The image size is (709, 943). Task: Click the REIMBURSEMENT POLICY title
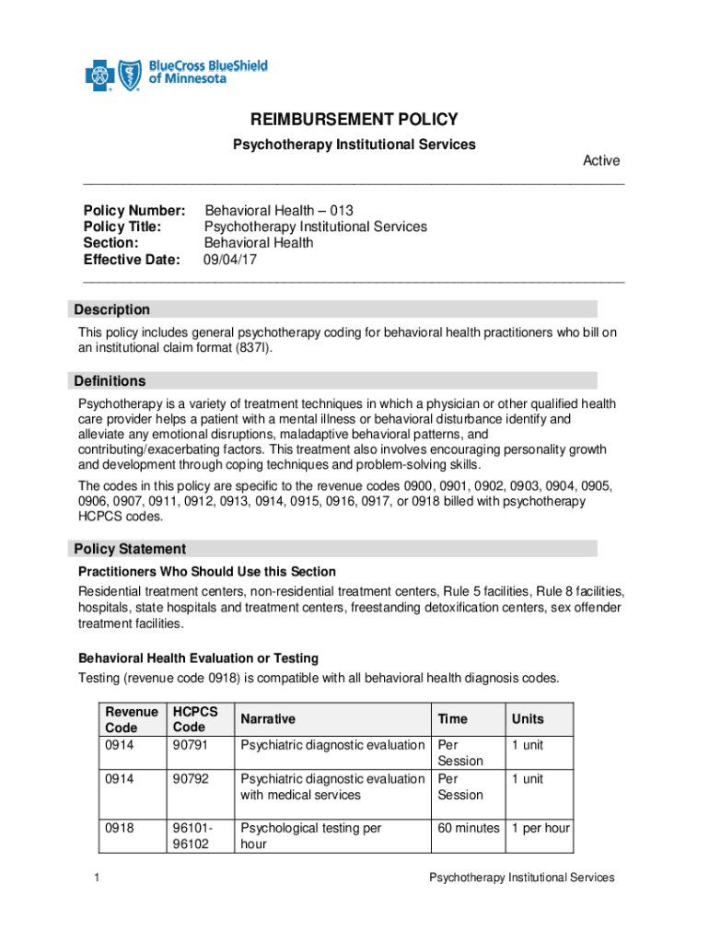coord(354,120)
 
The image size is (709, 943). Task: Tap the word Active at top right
coord(601,160)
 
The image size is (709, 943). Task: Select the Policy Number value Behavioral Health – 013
coord(278,210)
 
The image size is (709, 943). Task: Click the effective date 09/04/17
coord(230,260)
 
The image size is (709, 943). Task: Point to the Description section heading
coord(112,309)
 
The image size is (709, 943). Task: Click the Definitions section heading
coord(111,380)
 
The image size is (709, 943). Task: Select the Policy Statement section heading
coord(129,549)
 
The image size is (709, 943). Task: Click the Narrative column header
coord(268,719)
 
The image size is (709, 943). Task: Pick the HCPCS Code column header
coord(195,719)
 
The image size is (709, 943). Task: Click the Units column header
coord(528,719)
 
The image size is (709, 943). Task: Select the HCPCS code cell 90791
coord(191,744)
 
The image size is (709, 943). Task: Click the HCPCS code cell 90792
coord(191,779)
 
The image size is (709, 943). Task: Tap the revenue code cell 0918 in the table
coord(121,828)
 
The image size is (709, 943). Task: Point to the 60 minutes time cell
coord(469,828)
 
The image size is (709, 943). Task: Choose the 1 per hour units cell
coord(540,828)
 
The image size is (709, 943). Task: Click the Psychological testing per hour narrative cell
coord(310,836)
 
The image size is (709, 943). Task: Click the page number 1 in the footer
coord(97,878)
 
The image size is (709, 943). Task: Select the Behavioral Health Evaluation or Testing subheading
coord(198,658)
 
